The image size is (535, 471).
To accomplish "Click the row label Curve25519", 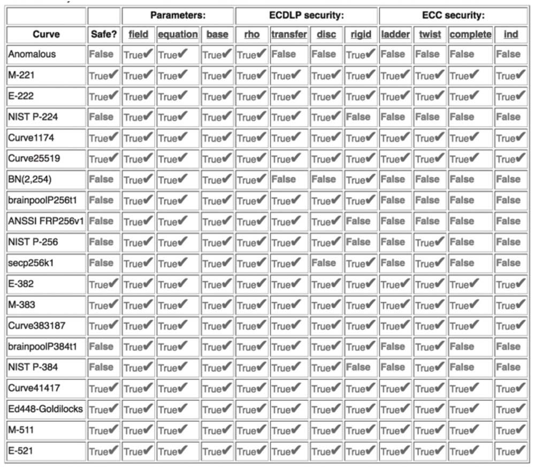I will [34, 159].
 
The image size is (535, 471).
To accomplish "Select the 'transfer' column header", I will [289, 34].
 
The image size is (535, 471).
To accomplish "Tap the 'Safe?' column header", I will [103, 34].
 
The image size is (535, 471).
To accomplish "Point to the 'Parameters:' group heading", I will [178, 16].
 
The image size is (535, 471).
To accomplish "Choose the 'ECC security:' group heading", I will [453, 16].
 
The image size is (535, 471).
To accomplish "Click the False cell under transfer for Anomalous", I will [284, 54].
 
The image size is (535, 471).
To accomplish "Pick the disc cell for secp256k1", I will [324, 263].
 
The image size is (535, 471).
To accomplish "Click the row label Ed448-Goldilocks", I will [45, 409].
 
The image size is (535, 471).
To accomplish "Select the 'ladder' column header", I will [395, 34].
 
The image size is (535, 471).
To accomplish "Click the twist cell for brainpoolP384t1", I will [430, 347].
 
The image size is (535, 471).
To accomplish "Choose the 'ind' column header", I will [511, 34].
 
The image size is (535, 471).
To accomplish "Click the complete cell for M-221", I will [470, 75].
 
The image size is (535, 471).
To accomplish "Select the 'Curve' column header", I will [46, 34].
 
